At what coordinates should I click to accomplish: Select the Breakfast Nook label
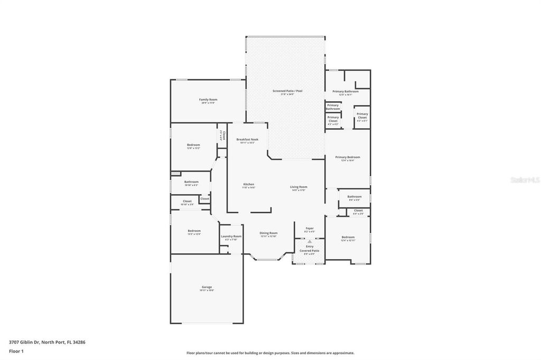[247, 140]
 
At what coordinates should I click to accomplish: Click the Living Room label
[299, 188]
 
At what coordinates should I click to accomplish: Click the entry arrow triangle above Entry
[310, 241]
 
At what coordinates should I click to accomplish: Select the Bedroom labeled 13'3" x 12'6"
[194, 232]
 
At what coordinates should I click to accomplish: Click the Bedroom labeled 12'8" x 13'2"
[193, 146]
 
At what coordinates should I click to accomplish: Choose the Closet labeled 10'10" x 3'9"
[187, 202]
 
